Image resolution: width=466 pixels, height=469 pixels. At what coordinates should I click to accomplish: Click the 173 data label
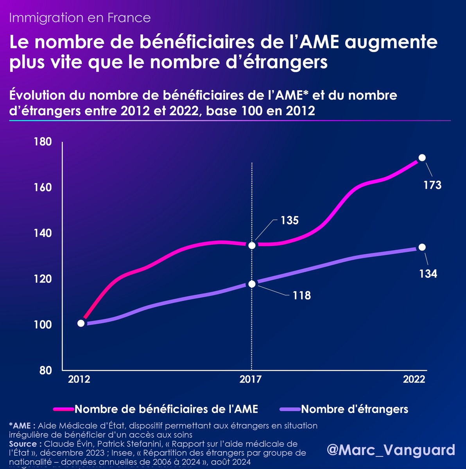coord(432,185)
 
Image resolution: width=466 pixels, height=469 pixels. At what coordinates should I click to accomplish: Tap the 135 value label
coord(289,220)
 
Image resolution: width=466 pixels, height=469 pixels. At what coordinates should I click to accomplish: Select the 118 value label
coord(302,295)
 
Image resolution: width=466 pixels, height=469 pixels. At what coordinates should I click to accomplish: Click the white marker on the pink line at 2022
coord(422,158)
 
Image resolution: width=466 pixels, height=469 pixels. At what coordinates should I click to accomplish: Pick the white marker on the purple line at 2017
coord(252,284)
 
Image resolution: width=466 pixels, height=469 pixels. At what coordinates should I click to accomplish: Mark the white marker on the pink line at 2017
coord(252,245)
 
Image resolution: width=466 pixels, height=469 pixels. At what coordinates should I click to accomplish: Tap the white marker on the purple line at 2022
coord(422,247)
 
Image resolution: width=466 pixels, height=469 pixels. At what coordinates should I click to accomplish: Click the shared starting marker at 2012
coord(81,323)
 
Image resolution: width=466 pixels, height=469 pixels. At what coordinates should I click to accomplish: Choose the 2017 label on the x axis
coord(250,379)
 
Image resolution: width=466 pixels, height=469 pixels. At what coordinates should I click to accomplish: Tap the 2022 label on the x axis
coord(414,379)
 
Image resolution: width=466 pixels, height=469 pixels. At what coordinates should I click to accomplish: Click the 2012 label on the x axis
coord(79,379)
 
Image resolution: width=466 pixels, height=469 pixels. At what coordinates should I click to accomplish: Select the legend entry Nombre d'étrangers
coord(355,409)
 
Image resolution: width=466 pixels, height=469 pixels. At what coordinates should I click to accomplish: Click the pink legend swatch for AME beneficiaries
coord(63,409)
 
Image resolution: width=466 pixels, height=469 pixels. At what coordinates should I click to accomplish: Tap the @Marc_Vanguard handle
coord(391,450)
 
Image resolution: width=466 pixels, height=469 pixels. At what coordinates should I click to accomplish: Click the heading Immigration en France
coord(80,18)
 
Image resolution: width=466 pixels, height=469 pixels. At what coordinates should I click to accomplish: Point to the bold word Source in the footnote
coord(23,444)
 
